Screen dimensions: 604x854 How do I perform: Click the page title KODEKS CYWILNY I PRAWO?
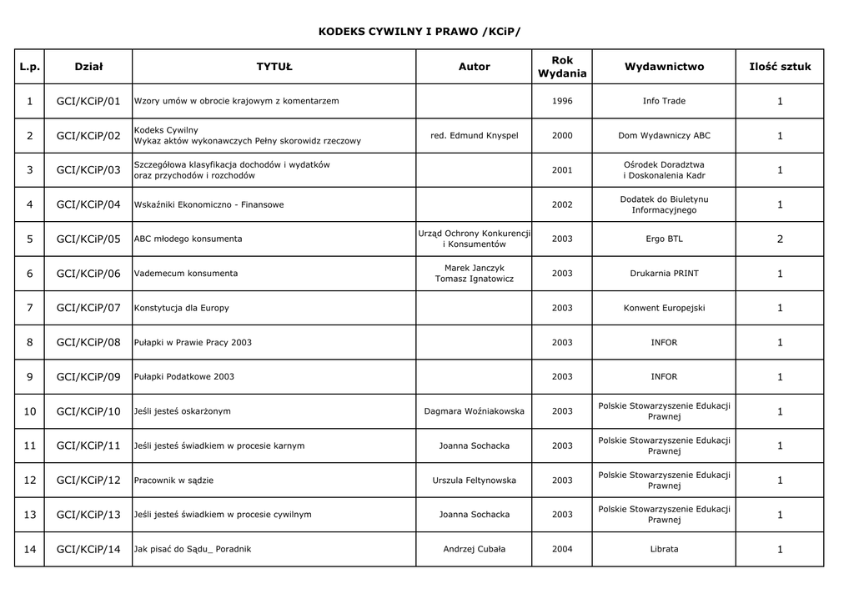[419, 31]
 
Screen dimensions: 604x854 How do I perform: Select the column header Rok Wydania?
[562, 67]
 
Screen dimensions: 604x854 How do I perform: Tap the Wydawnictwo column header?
[664, 67]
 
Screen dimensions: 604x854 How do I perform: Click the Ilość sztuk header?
[780, 67]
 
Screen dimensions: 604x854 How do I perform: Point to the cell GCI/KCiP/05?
[88, 239]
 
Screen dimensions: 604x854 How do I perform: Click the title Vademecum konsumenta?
[186, 274]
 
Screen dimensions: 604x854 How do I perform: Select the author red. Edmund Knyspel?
[474, 136]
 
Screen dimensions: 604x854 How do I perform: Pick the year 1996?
[562, 101]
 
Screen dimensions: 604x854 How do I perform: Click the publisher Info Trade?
[664, 101]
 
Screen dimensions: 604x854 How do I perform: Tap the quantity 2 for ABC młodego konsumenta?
[780, 239]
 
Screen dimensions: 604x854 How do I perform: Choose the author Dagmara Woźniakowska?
[474, 411]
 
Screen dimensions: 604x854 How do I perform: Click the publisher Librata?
[664, 549]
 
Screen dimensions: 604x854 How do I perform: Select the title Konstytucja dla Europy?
[182, 308]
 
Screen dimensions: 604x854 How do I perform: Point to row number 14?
[30, 549]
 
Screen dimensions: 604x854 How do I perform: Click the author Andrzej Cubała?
[474, 549]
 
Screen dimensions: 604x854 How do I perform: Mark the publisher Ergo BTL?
[664, 239]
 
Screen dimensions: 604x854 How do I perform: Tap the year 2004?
[562, 549]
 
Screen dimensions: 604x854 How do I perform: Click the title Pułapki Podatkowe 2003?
[184, 377]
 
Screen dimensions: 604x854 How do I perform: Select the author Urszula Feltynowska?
[474, 481]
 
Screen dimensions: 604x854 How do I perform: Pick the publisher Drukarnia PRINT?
[664, 274]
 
